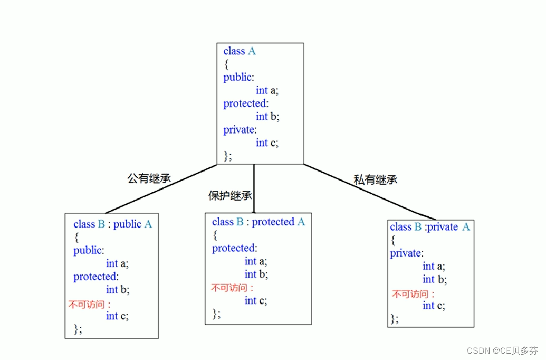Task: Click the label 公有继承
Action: tap(149, 178)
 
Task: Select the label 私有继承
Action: tap(375, 179)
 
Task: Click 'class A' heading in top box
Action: tap(239, 51)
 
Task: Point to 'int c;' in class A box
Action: tap(267, 143)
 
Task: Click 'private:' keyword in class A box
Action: tap(240, 129)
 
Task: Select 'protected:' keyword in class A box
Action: tap(246, 103)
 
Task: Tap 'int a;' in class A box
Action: tap(267, 90)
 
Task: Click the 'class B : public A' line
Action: tap(112, 224)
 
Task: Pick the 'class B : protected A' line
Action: tap(258, 222)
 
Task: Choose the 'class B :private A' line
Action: tap(429, 227)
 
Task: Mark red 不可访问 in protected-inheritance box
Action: tap(232, 288)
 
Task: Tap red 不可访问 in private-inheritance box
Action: tap(414, 295)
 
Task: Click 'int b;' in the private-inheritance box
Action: tap(435, 279)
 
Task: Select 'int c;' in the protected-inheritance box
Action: tap(256, 300)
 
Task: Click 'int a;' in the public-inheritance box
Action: tap(117, 263)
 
